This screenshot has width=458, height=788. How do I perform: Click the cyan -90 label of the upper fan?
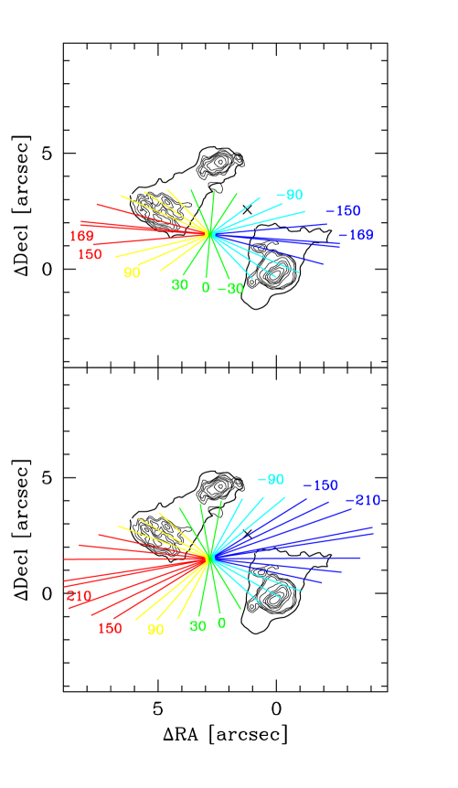click(x=289, y=196)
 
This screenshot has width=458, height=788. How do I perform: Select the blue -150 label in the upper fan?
click(x=344, y=211)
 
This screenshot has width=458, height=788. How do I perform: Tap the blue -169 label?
click(x=357, y=236)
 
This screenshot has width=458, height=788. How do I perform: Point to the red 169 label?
click(x=81, y=237)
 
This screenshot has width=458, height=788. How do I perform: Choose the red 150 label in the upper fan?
click(x=90, y=255)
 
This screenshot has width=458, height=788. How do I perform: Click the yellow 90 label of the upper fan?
click(x=132, y=272)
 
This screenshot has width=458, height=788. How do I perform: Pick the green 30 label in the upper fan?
click(x=180, y=285)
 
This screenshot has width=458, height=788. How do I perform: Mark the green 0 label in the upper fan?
click(x=206, y=288)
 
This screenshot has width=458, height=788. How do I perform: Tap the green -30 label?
click(x=231, y=289)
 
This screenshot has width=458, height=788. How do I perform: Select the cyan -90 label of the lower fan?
click(x=271, y=480)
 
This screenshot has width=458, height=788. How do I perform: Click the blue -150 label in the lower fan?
click(x=321, y=485)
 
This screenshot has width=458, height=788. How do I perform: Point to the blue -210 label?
click(x=363, y=501)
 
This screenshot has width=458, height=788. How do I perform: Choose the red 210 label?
click(x=79, y=597)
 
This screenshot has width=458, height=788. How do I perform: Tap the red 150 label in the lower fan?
click(x=110, y=629)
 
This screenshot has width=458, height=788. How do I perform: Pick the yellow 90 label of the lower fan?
click(x=155, y=630)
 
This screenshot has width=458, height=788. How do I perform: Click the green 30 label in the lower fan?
click(x=197, y=627)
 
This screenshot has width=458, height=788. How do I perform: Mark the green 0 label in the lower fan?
click(x=221, y=623)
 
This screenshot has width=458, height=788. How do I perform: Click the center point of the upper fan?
click(x=209, y=234)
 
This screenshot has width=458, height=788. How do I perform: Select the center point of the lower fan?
click(x=209, y=557)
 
